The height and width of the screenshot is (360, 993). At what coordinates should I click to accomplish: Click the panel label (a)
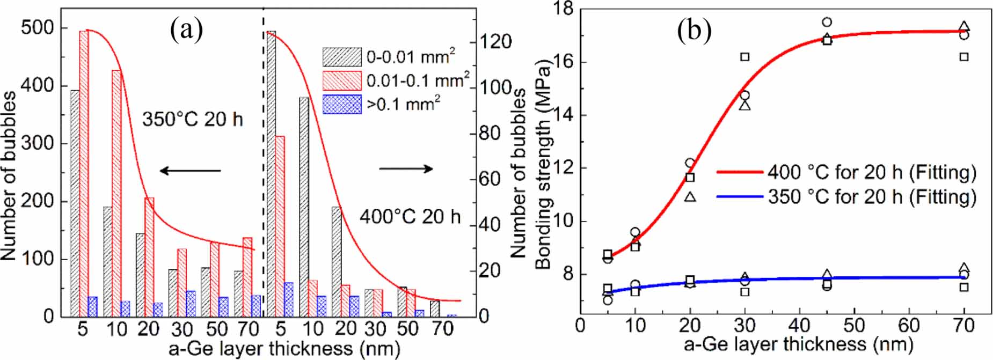(x=186, y=30)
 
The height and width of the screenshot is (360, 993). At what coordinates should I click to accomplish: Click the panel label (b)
(x=694, y=31)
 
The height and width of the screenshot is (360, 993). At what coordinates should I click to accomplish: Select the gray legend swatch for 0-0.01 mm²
(x=341, y=57)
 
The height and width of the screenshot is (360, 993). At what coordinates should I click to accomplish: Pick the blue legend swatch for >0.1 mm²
(x=341, y=104)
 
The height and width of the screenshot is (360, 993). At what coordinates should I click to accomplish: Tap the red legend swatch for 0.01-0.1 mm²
(x=341, y=80)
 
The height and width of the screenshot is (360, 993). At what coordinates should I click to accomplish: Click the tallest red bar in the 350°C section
(x=84, y=172)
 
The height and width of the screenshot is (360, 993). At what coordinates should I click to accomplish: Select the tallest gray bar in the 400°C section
(x=271, y=172)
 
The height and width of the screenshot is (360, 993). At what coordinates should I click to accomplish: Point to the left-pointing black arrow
(x=190, y=171)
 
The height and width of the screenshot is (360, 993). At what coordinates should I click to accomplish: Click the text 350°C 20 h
(x=192, y=119)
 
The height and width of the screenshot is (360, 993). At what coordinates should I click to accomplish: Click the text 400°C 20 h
(x=410, y=217)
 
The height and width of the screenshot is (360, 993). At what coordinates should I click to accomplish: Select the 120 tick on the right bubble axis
(x=495, y=42)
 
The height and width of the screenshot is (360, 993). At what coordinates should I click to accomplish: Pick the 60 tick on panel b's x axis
(x=909, y=325)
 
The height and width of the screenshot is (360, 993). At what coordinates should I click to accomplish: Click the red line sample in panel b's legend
(x=739, y=172)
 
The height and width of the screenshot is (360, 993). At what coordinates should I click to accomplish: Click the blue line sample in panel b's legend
(x=739, y=197)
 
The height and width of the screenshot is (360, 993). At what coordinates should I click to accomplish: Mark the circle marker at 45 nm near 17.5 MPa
(x=827, y=22)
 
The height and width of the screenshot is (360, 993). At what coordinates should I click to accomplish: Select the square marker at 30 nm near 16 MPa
(x=744, y=56)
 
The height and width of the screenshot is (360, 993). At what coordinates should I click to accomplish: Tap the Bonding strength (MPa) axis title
(x=543, y=166)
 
